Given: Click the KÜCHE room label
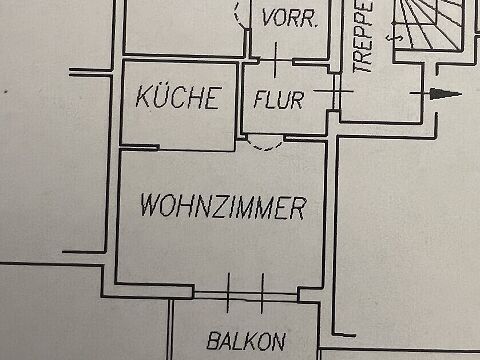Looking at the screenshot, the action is click(179, 97).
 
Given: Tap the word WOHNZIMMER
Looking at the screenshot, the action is click(223, 206).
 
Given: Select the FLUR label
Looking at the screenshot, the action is click(279, 99).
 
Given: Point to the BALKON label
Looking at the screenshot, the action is click(246, 341).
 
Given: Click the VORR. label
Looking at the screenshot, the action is click(289, 17).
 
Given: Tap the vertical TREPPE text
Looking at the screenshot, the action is click(363, 36).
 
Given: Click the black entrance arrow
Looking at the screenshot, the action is click(445, 94).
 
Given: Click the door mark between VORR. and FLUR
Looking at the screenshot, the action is click(276, 60).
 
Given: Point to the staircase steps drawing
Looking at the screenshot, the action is click(428, 25).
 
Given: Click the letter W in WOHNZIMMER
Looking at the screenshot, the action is click(150, 204).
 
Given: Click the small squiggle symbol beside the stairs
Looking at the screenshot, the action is click(394, 38).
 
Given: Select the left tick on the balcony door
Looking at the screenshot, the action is click(228, 293).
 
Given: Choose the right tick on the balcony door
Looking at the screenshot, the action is click(262, 293).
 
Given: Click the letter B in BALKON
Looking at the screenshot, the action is click(213, 340).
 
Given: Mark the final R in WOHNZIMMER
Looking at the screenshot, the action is click(297, 209).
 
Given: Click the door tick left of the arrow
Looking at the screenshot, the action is click(423, 93).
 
